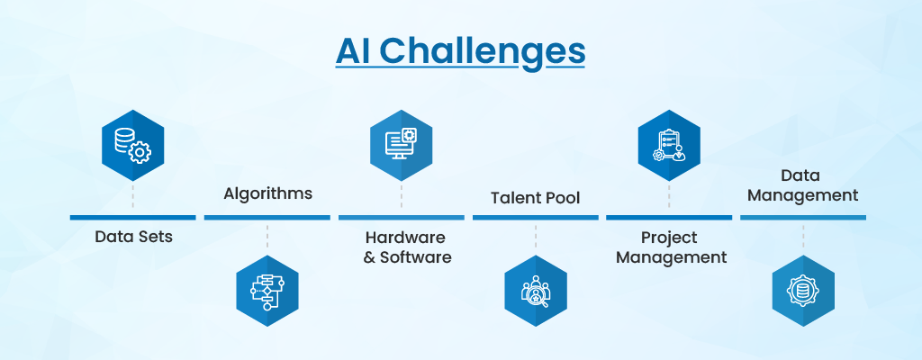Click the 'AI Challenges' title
click(460, 53)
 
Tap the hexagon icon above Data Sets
click(133, 145)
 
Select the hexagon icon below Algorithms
click(267, 291)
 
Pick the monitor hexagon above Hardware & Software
click(401, 145)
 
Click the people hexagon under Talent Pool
click(536, 291)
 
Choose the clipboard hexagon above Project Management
click(669, 145)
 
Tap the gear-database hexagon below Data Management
click(803, 291)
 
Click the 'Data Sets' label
click(133, 237)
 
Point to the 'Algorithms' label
click(267, 193)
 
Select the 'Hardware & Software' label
click(407, 247)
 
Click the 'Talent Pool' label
click(535, 198)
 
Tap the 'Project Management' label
click(671, 247)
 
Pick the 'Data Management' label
click(802, 185)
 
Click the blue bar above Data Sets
click(133, 218)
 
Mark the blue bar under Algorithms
click(267, 218)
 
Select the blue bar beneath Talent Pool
click(535, 218)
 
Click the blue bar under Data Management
click(802, 218)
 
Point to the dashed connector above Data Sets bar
click(133, 196)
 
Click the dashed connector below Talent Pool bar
click(536, 237)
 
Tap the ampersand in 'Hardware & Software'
click(369, 257)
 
